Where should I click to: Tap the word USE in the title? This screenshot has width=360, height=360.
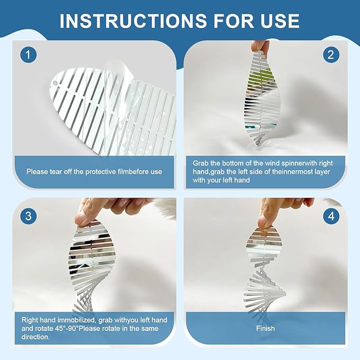tap(280, 21)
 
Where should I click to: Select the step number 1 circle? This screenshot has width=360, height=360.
tap(28, 55)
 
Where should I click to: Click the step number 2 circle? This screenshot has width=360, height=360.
tap(331, 55)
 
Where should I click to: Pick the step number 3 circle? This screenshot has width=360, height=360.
tap(28, 216)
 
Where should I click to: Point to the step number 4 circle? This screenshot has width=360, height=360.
tap(331, 216)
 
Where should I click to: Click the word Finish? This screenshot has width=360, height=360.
tap(266, 328)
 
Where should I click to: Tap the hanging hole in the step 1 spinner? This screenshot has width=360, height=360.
tap(55, 83)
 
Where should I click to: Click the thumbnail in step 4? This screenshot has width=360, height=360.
tap(262, 222)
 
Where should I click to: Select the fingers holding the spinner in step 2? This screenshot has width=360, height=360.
tap(260, 47)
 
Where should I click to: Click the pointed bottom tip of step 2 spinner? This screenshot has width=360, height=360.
tap(258, 145)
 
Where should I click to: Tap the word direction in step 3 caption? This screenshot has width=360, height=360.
tap(35, 337)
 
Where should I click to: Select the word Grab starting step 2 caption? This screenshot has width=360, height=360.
tap(200, 163)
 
